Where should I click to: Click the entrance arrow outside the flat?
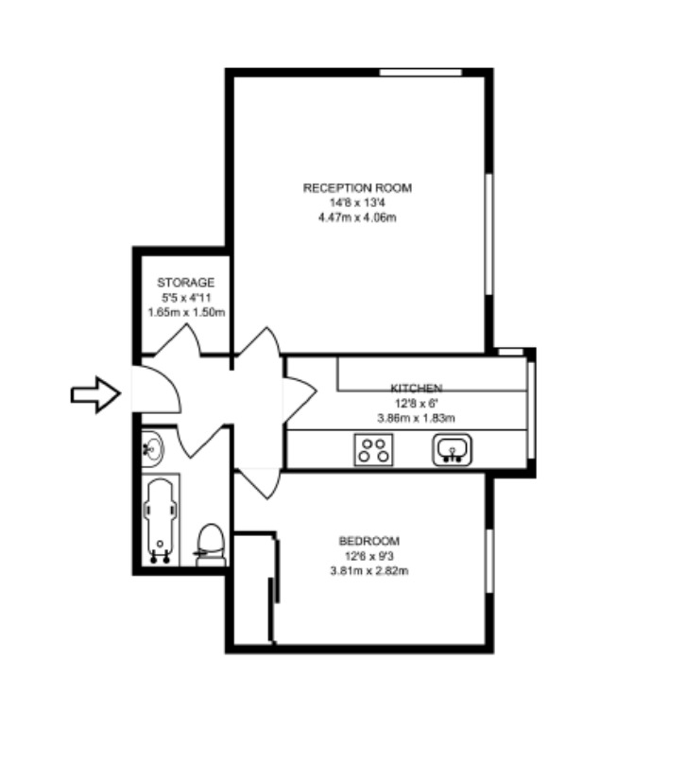click(96, 394)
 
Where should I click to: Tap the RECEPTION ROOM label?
click(357, 188)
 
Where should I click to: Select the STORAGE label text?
click(185, 283)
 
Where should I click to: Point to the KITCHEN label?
click(417, 388)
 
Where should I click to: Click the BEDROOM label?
click(369, 541)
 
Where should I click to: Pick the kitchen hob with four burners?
click(373, 450)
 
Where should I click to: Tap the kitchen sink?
click(453, 450)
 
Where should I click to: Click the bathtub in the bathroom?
click(161, 520)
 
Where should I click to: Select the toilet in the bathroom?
click(211, 545)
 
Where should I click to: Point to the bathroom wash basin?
click(152, 447)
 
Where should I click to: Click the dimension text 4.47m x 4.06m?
click(357, 217)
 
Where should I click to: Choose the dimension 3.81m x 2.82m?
click(369, 570)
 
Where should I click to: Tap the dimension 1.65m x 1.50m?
click(186, 312)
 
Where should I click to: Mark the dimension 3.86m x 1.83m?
click(417, 418)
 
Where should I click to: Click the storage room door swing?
click(179, 340)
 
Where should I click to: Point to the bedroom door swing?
click(259, 483)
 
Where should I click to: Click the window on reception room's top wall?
click(420, 73)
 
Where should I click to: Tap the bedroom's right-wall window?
click(489, 561)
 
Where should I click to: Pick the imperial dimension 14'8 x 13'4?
click(357, 202)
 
